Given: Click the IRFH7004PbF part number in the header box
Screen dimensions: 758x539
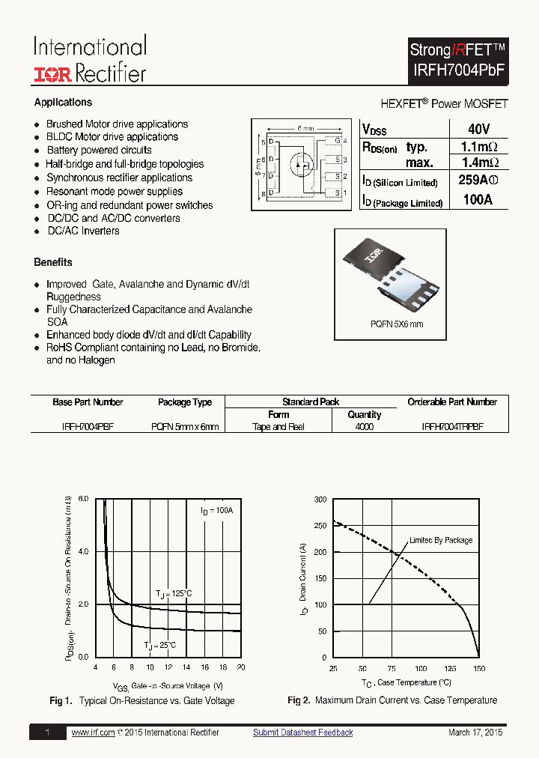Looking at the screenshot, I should pyautogui.click(x=459, y=70).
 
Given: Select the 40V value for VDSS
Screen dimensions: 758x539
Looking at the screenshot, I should pyautogui.click(x=478, y=129).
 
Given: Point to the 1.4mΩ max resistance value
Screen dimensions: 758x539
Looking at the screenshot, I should pyautogui.click(x=479, y=163).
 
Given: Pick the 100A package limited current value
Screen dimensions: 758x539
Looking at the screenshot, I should pyautogui.click(x=478, y=200).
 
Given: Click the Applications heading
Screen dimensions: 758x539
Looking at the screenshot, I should pyautogui.click(x=63, y=103).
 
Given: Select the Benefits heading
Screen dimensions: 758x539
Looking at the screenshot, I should pyautogui.click(x=53, y=262).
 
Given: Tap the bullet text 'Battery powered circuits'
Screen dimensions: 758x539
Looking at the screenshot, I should pyautogui.click(x=99, y=151).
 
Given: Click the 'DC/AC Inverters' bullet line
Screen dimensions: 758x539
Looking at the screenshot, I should pyautogui.click(x=83, y=231).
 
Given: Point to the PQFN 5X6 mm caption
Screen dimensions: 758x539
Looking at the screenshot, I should pyautogui.click(x=397, y=324).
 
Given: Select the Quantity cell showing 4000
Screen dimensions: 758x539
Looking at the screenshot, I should pyautogui.click(x=364, y=426).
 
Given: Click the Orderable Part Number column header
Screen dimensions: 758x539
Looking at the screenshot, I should pyautogui.click(x=451, y=402).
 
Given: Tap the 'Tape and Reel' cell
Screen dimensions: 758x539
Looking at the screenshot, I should pyautogui.click(x=278, y=426).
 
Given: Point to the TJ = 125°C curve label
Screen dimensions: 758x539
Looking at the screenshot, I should pyautogui.click(x=174, y=593).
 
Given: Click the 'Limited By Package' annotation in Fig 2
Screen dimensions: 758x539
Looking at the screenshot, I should pyautogui.click(x=441, y=540).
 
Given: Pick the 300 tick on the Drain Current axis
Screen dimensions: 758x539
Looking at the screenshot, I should pyautogui.click(x=320, y=499).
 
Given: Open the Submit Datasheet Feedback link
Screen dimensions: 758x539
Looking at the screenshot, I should pyautogui.click(x=302, y=732).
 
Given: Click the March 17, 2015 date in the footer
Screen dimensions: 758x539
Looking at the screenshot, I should pyautogui.click(x=475, y=732).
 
